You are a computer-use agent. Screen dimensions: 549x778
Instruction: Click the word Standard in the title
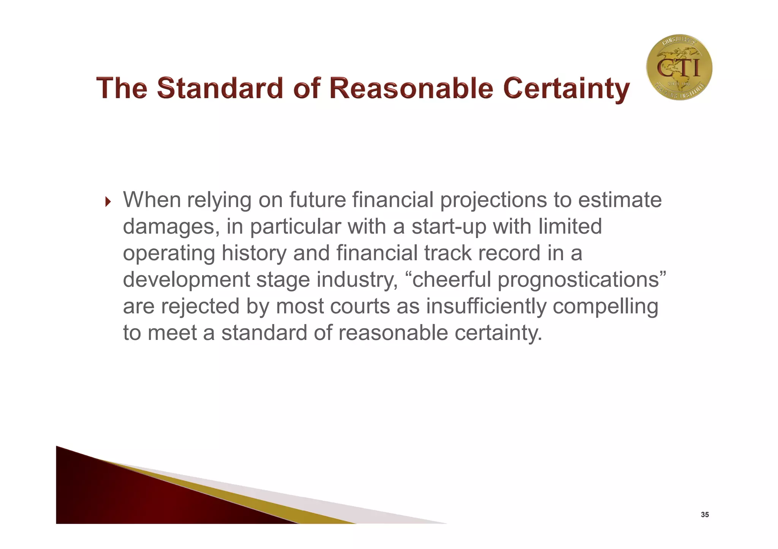click(220, 88)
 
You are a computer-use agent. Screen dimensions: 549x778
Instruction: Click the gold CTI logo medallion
click(679, 68)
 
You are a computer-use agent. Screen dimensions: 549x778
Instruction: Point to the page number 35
click(704, 515)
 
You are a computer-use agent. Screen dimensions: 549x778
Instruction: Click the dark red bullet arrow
click(108, 202)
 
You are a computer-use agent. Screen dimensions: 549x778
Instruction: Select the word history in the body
click(254, 254)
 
